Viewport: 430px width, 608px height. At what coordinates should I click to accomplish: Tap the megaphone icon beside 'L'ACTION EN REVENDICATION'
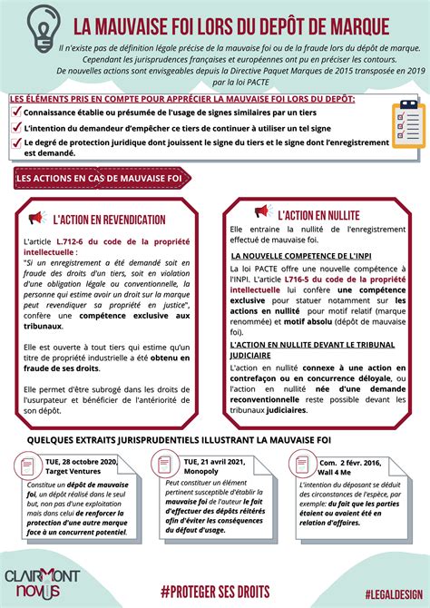tap(37, 219)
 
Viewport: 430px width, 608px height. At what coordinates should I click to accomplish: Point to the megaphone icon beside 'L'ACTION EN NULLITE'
tap(262, 213)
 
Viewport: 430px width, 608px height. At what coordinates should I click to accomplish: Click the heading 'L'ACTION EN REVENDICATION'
tap(109, 220)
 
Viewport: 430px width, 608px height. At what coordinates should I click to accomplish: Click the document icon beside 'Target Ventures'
tap(28, 466)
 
